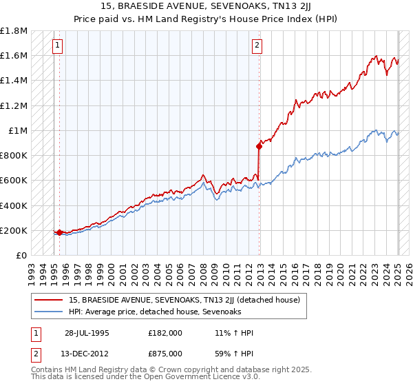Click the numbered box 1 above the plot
(59, 46)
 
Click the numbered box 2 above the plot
(257, 46)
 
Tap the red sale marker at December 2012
(259, 146)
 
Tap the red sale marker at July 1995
(60, 232)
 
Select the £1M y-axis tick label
(19, 130)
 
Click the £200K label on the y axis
(14, 230)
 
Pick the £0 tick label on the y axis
(21, 256)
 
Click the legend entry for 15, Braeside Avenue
(184, 301)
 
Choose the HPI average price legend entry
(154, 312)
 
